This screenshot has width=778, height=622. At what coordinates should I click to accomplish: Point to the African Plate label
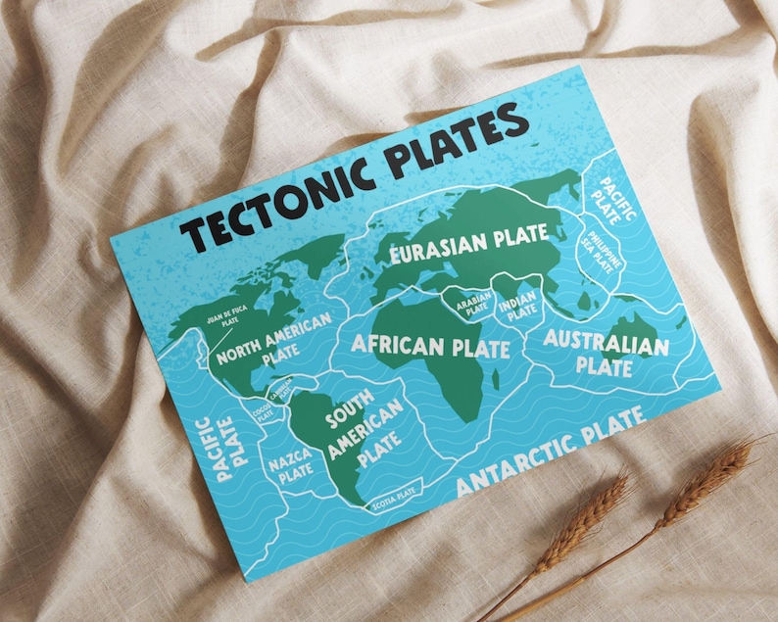431,346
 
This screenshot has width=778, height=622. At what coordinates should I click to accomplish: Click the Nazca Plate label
293,465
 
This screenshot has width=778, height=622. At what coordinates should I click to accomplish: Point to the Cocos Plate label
262,414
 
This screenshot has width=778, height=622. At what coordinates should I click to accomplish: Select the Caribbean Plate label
280,392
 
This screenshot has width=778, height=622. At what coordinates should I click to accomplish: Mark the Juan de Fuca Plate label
222,314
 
